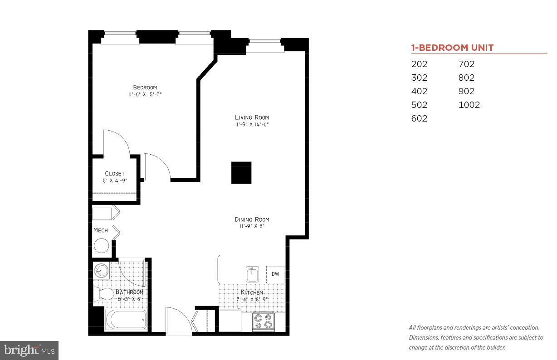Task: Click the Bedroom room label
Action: coord(145,88)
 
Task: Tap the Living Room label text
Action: coord(252,117)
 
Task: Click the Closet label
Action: coord(114,174)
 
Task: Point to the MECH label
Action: coord(101,230)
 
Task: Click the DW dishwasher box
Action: coord(275,274)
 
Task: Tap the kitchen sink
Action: coord(252,274)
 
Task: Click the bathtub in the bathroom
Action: coord(126,320)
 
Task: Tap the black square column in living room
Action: coord(241,173)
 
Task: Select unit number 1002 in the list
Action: coord(469,105)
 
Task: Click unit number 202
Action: coord(419,64)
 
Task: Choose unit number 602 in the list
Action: coord(419,118)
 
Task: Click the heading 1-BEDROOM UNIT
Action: coord(452,48)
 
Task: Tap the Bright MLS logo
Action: coord(29,350)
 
